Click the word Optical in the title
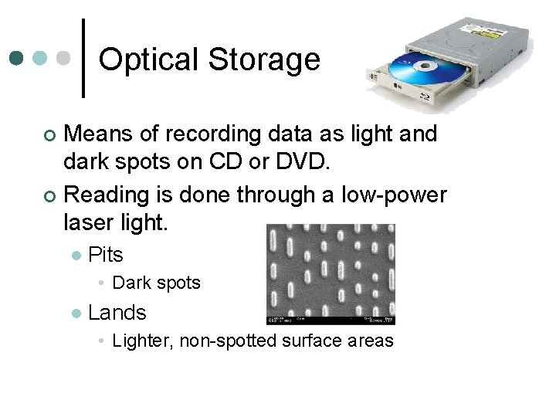tap(147, 59)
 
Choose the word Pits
tap(106, 254)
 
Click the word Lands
tap(117, 312)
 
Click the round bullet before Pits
tap(75, 255)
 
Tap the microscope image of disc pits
tap(331, 274)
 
